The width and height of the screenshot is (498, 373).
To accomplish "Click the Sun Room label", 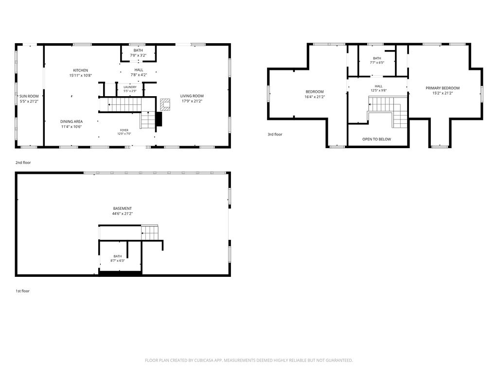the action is pos(29,99).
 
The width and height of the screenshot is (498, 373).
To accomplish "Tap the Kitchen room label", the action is pos(81,73).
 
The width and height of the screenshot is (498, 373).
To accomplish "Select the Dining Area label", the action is pos(71,124).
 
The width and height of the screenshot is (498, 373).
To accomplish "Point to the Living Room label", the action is pos(192,98).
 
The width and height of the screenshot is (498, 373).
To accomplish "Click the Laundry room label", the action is pos(130,89).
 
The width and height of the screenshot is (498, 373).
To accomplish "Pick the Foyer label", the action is pos(124,132).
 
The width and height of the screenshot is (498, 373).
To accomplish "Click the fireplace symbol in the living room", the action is pos(165,105).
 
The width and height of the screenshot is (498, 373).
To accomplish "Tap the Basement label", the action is pos(122,211).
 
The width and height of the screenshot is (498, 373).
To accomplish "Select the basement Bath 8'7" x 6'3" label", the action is pos(118,258).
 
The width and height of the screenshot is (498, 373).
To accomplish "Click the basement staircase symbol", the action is pos(150,233).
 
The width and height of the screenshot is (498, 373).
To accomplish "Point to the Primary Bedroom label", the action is pos(443,90).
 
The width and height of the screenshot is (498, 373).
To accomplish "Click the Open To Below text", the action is pos(377,139).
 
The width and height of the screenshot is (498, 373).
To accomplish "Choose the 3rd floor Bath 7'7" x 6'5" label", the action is pos(377,60).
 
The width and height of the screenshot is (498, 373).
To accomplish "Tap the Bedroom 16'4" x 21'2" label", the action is pos(315,94).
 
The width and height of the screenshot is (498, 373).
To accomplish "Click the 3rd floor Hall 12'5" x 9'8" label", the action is pos(378,88).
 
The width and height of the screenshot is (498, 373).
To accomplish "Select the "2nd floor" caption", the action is pos(23,163).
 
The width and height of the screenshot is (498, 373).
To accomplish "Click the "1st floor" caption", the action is pos(22,291).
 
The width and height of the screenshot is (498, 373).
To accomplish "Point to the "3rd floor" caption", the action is pos(275,135).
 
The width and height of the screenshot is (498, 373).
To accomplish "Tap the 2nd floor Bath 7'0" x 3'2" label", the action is pos(138,53).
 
